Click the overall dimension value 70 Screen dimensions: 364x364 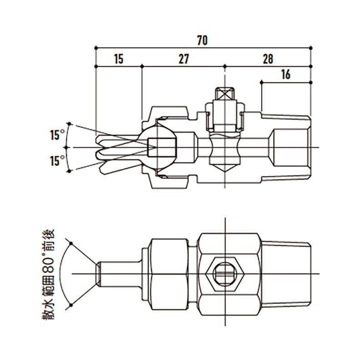[202, 40]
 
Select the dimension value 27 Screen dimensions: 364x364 [184, 59]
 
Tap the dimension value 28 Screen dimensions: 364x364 [268, 59]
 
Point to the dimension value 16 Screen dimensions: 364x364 [286, 75]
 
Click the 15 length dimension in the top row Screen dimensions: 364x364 [119, 59]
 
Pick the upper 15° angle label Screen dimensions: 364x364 [57, 135]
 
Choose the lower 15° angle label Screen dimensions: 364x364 [57, 161]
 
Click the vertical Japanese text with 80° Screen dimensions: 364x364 [48, 274]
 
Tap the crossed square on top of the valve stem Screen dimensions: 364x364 [225, 94]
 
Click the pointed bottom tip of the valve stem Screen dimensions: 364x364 [225, 172]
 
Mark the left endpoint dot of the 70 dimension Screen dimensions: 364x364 [96, 48]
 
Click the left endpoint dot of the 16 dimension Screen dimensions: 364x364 [261, 82]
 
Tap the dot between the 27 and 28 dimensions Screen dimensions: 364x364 [225, 66]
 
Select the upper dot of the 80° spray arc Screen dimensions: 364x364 [71, 243]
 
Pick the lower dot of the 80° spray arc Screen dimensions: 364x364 [71, 305]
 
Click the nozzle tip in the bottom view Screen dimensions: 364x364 [99, 274]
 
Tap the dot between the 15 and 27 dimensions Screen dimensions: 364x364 [142, 66]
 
